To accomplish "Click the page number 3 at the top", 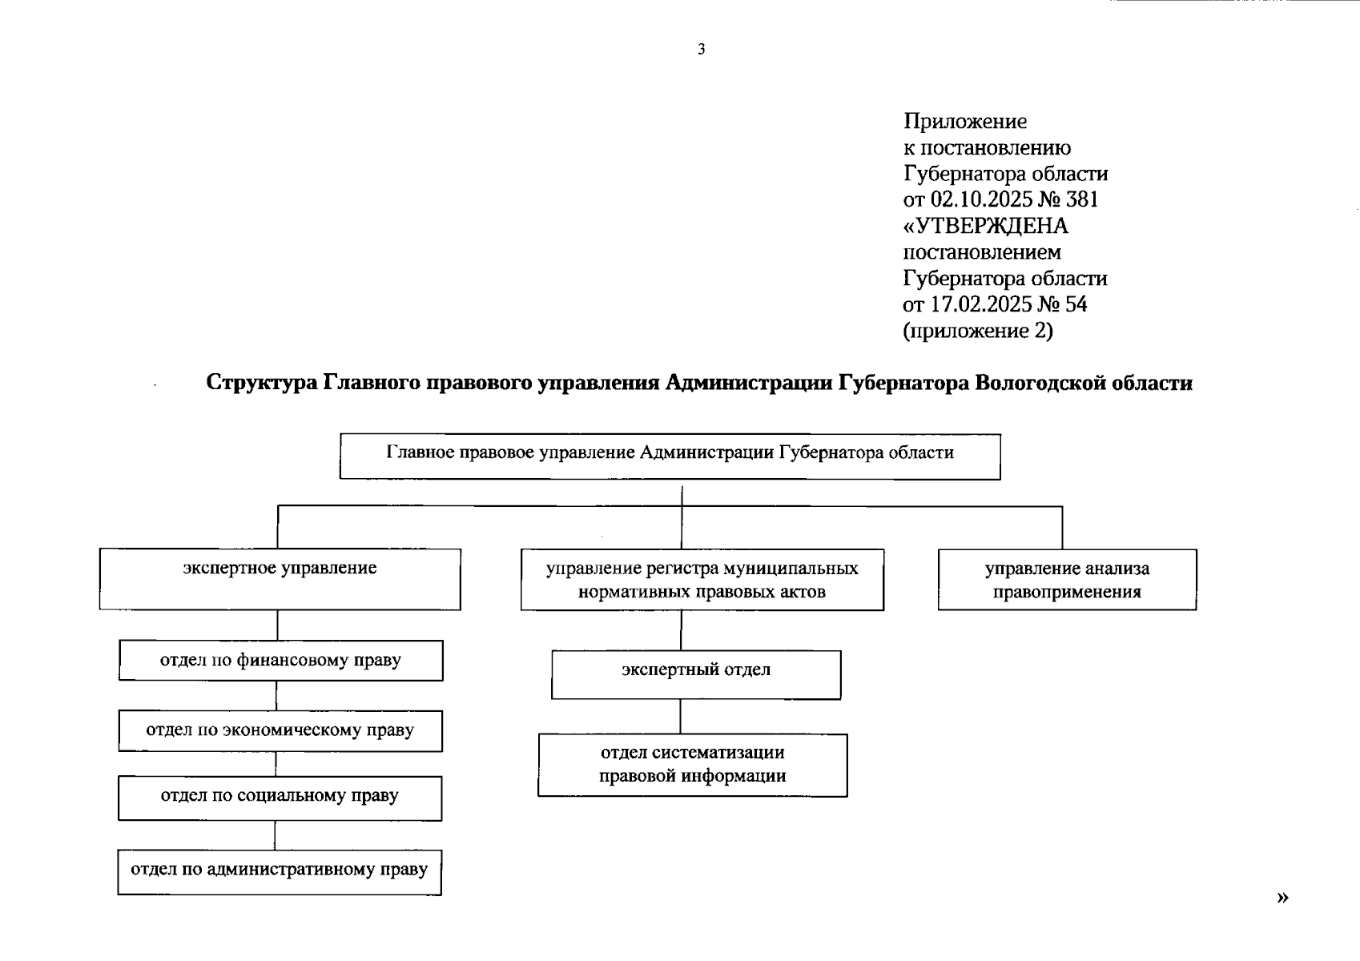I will click(x=702, y=50).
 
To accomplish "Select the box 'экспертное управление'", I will click(x=280, y=579).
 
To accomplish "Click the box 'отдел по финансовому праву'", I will click(x=280, y=661).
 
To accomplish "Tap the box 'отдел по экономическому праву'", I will click(x=280, y=730).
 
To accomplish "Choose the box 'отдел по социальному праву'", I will click(x=280, y=798).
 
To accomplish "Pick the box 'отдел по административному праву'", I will click(x=280, y=871).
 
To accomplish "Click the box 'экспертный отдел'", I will click(x=696, y=674).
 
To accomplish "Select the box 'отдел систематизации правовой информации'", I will click(x=692, y=765).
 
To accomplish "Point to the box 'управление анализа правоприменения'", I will click(x=1067, y=580).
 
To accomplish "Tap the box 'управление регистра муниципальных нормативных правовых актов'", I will click(x=702, y=580).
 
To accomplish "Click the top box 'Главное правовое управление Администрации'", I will click(x=670, y=456).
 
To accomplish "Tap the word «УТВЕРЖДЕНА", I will click(x=986, y=226).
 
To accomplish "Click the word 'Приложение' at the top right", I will click(x=965, y=122).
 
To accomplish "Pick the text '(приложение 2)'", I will click(x=978, y=331).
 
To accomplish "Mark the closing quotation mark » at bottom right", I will click(x=1282, y=898).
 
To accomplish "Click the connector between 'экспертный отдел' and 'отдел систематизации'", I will click(x=681, y=717).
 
